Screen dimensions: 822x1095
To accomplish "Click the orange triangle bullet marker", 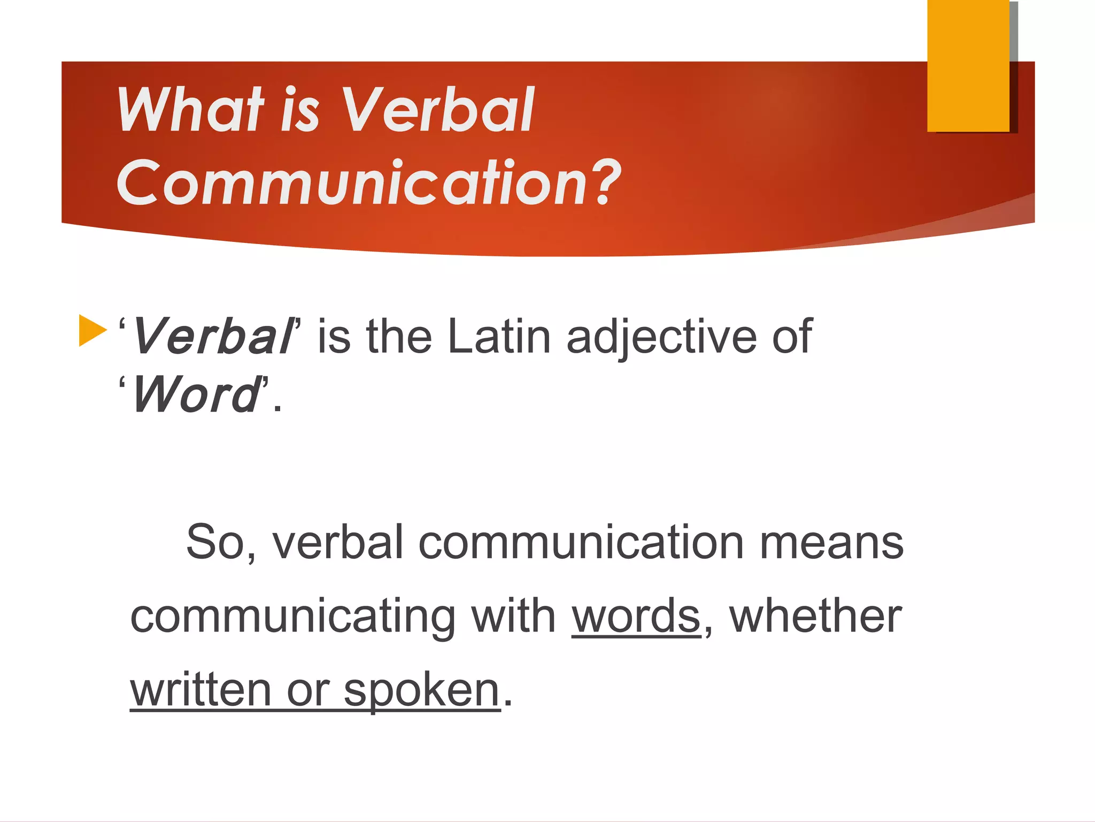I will [92, 330].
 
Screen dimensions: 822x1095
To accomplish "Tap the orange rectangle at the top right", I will [968, 65].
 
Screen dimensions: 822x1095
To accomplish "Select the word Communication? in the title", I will [369, 183].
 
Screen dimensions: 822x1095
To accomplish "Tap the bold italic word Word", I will [195, 395].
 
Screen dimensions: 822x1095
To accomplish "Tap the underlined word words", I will [636, 616].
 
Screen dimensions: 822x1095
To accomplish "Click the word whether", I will [815, 616].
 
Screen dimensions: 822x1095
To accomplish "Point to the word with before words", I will [513, 616].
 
